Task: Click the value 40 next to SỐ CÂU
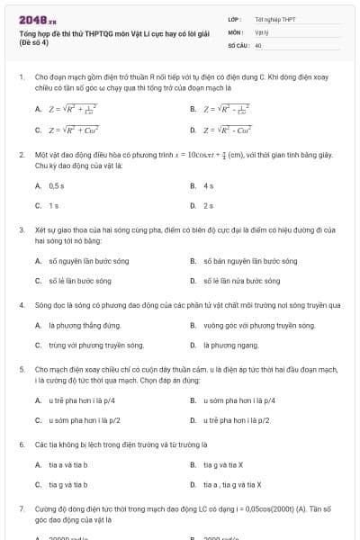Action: click(258, 44)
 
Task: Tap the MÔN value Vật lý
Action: click(262, 31)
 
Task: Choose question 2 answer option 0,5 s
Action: click(56, 185)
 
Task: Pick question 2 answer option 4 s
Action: click(209, 185)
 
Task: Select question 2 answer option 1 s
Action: click(53, 205)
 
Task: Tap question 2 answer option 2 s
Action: click(209, 205)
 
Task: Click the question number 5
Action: click(21, 369)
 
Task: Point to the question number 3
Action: click(21, 230)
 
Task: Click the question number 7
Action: click(21, 508)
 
